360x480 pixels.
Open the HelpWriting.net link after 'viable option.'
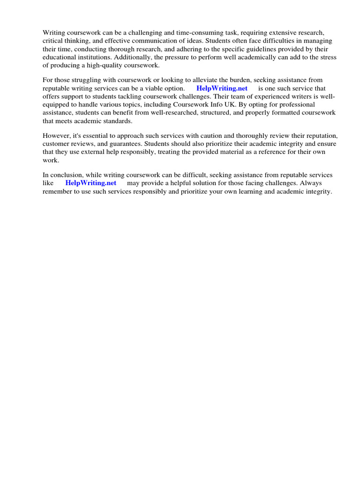222,89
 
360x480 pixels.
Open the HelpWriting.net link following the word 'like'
90,183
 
